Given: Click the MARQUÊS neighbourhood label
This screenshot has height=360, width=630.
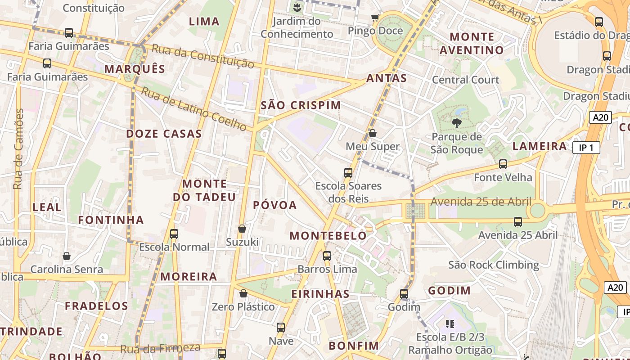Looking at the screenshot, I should click(135, 69).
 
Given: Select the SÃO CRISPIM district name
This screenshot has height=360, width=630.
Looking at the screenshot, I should click(301, 105).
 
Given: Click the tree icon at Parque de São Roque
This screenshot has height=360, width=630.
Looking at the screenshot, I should click(456, 123).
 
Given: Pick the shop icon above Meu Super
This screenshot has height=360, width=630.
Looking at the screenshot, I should click(373, 133).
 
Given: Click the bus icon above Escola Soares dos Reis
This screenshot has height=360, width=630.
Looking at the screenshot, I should click(348, 172).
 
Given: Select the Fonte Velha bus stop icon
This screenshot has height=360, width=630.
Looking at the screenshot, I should click(503, 164).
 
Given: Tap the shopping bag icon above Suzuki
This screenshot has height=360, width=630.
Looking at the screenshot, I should click(242, 229).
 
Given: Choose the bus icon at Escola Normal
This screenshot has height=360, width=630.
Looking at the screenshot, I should click(174, 234).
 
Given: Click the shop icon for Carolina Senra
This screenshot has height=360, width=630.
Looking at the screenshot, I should click(67, 256).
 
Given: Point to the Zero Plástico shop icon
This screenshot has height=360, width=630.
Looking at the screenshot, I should click(243, 293).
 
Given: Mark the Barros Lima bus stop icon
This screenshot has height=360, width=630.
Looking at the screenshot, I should click(327, 256).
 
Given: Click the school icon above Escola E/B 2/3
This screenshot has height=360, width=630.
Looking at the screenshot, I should click(450, 324).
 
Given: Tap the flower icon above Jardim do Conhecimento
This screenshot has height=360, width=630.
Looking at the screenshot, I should click(297, 7).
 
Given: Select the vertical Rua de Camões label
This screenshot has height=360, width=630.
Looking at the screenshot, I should click(18, 149).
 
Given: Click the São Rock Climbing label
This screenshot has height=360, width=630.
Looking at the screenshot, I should click(494, 265).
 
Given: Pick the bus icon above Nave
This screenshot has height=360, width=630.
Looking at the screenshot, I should click(281, 327).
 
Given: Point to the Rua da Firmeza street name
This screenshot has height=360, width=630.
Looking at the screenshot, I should click(160, 348).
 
